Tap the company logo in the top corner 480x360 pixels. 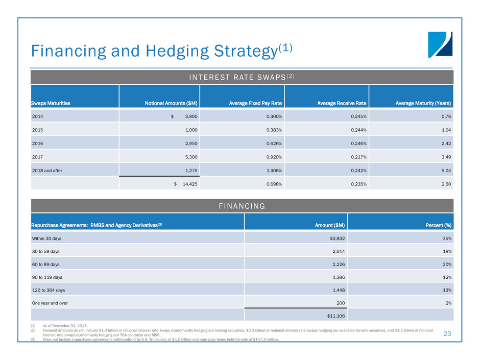tap(440, 44)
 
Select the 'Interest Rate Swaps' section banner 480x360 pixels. tap(242, 77)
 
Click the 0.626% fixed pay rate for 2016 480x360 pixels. tap(271, 143)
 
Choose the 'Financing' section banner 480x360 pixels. tap(242, 206)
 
